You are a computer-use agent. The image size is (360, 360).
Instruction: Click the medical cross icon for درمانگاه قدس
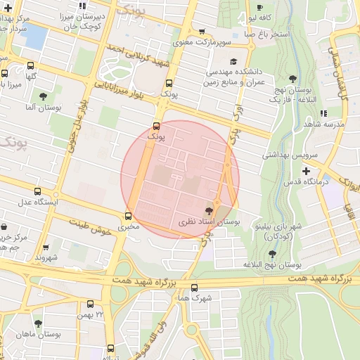305,171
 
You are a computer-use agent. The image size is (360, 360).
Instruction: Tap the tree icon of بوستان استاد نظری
209,210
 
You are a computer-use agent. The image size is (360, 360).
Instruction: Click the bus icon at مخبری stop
128,217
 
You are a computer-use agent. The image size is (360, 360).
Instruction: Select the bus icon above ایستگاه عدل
37,191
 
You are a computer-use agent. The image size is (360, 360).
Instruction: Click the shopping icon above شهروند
46,247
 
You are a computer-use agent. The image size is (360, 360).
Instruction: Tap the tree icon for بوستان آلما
43,96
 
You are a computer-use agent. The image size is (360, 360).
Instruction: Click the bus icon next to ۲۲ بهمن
90,304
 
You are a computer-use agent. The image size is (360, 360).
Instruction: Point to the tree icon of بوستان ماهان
38,324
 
